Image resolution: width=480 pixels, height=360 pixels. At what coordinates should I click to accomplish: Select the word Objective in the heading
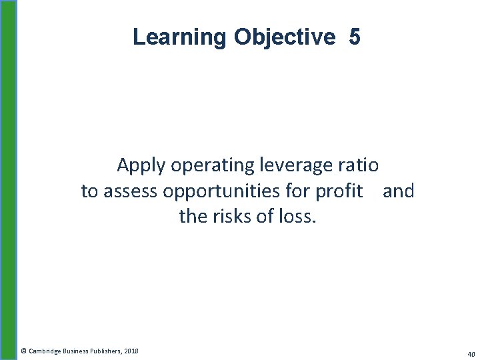285,37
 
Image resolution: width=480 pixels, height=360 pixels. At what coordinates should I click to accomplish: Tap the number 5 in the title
354,37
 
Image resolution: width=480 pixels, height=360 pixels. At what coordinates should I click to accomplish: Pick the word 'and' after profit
399,191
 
